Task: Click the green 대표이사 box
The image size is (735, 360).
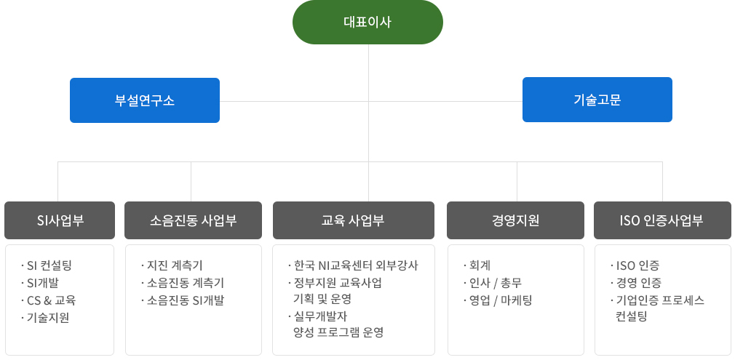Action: click(367, 22)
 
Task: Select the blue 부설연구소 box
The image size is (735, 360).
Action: click(145, 100)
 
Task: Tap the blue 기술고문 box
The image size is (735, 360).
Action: click(597, 100)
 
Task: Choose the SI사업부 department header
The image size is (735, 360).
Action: click(60, 220)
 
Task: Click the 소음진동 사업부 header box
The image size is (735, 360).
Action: click(193, 220)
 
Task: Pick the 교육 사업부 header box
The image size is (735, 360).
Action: click(353, 220)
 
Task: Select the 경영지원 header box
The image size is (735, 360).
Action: click(515, 220)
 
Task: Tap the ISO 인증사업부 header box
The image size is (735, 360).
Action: click(661, 220)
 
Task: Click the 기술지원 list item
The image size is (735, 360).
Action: click(48, 318)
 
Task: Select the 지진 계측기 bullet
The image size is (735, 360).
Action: click(175, 265)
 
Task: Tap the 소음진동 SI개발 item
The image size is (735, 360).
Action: click(186, 300)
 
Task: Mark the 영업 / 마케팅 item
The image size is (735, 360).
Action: click(501, 300)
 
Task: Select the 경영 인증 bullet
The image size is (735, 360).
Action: click(638, 283)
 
